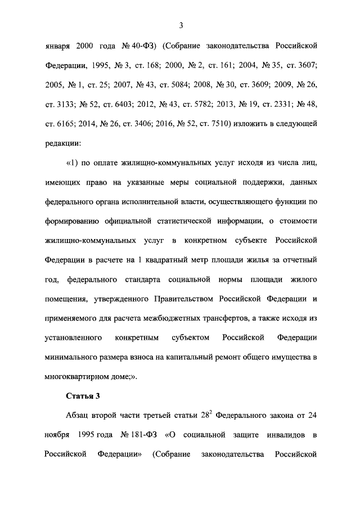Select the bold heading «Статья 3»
click(x=83, y=396)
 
